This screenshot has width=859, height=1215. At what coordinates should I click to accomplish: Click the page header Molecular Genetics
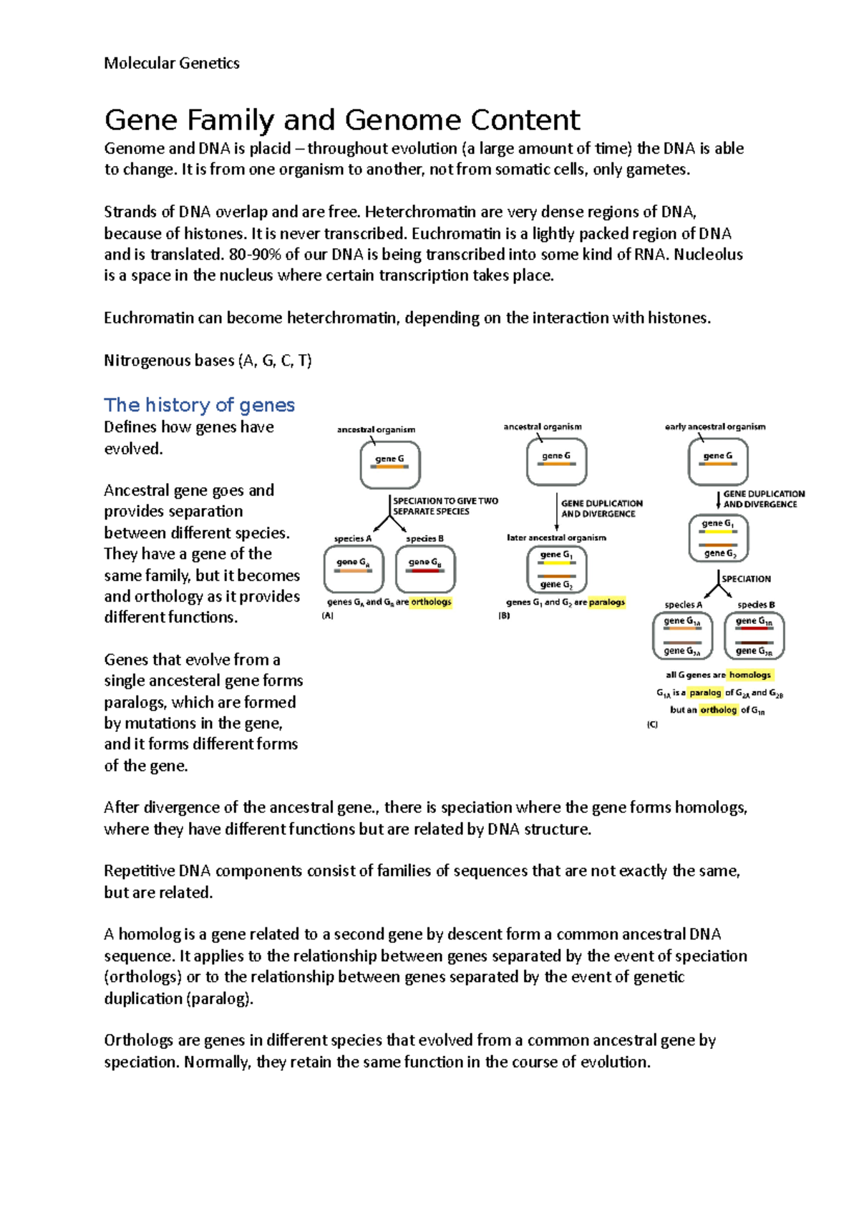tap(172, 63)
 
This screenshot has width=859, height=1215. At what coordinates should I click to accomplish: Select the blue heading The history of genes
tap(199, 405)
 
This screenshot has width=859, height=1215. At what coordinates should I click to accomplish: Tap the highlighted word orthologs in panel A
tap(431, 602)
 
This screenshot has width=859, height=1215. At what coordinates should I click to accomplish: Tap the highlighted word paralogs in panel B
tap(606, 602)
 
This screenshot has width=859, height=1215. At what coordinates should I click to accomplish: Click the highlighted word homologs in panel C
tap(749, 675)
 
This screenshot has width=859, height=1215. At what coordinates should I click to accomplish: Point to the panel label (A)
tap(328, 615)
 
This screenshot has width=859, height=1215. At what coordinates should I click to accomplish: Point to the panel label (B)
tap(504, 615)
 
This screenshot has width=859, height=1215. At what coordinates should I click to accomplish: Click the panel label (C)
tap(652, 724)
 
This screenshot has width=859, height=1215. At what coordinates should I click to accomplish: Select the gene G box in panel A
tap(390, 465)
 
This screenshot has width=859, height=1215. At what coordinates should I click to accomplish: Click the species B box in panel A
tap(425, 569)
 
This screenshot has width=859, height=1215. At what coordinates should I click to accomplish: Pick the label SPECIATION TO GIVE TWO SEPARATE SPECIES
tap(445, 506)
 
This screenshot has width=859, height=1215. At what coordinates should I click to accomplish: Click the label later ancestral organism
tap(556, 537)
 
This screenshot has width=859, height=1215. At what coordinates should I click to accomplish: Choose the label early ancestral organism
tap(715, 426)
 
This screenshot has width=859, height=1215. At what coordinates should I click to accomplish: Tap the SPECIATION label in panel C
tap(746, 579)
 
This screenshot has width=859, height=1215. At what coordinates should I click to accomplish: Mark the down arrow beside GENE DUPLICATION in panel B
tap(556, 512)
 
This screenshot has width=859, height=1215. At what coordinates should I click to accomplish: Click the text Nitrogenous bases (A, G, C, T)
tap(208, 361)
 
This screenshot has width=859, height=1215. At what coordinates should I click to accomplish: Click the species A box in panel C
tap(682, 636)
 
